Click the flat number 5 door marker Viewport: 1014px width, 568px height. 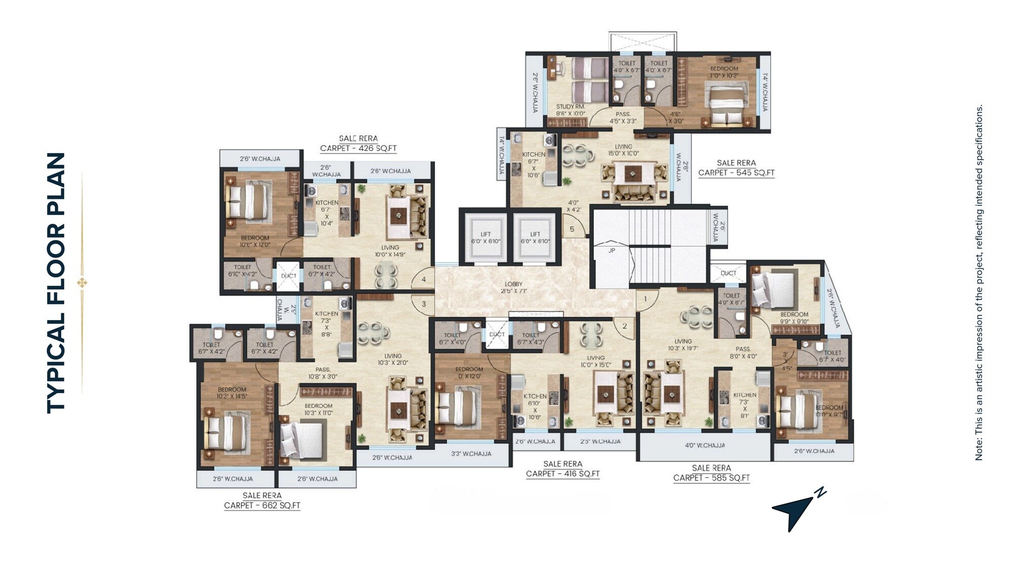click(x=572, y=229)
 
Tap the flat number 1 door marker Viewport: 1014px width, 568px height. click(x=645, y=299)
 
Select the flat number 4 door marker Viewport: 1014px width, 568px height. click(x=423, y=279)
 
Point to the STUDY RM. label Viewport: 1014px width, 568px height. click(x=570, y=107)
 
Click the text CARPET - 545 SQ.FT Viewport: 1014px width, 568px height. click(x=736, y=173)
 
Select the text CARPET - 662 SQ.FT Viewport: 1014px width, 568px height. click(x=262, y=506)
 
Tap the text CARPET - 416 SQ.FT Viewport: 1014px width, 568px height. click(x=563, y=474)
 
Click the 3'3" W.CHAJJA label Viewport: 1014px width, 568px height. click(x=471, y=454)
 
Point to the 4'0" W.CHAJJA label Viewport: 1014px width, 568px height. click(x=705, y=446)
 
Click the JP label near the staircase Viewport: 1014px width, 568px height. click(x=611, y=251)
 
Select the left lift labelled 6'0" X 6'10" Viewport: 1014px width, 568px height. click(x=485, y=238)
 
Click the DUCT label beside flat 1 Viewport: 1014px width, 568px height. click(x=728, y=273)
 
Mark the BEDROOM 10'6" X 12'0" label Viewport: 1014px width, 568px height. click(x=255, y=241)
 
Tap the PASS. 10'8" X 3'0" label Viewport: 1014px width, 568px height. click(x=322, y=373)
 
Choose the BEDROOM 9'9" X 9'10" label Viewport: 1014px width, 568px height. click(x=794, y=318)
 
